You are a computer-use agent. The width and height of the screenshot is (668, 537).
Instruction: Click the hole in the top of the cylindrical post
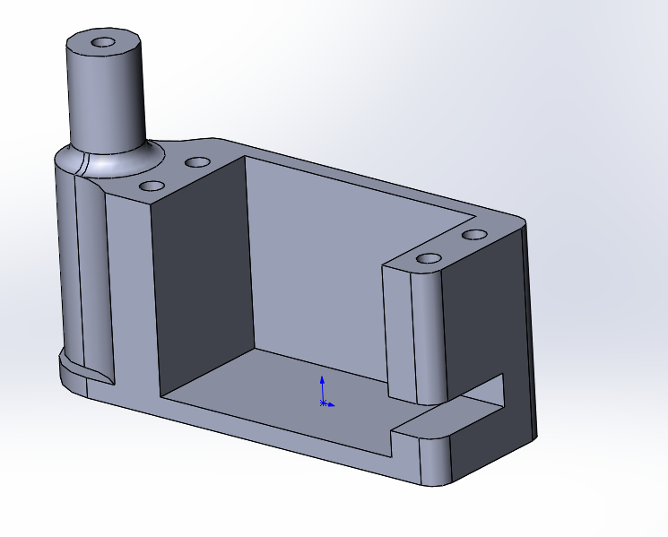tap(104, 42)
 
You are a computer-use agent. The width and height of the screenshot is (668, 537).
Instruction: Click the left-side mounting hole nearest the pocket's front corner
tap(153, 186)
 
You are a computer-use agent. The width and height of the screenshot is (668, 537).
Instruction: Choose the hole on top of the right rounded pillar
tap(427, 259)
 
